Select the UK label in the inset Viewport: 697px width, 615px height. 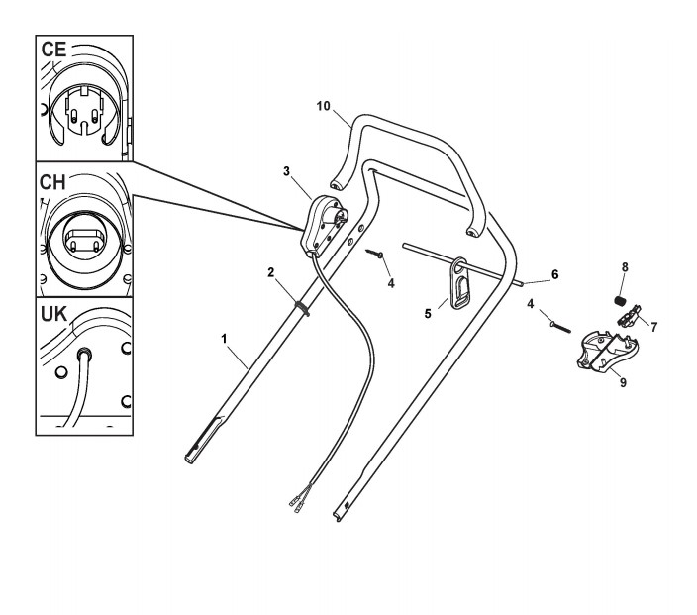[56, 316]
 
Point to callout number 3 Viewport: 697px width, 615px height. [286, 171]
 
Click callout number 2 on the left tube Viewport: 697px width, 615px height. [270, 270]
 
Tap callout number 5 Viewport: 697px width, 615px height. [428, 313]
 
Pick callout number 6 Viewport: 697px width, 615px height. [554, 273]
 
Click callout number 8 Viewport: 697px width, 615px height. [624, 266]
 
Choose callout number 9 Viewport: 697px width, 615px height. [623, 382]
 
